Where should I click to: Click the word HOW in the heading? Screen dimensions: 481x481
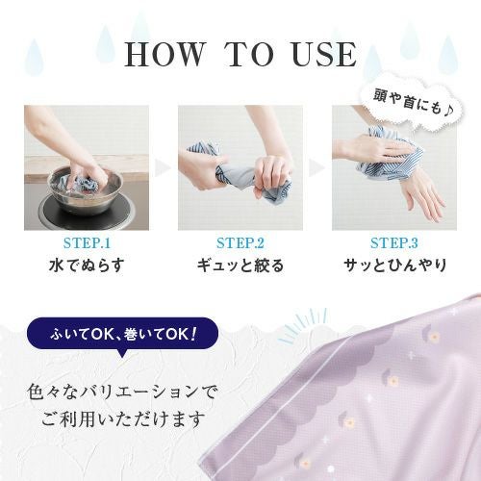click(x=165, y=54)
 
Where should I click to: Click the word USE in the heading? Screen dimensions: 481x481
click(x=324, y=54)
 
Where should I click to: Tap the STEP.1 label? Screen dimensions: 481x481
click(x=87, y=242)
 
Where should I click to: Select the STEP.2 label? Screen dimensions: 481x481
click(x=240, y=242)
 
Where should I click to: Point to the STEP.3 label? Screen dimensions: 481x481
click(x=394, y=242)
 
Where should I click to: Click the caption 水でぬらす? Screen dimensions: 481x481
click(x=87, y=266)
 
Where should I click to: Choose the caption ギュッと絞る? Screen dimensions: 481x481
click(x=240, y=266)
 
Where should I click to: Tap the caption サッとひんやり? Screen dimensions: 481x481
click(x=394, y=266)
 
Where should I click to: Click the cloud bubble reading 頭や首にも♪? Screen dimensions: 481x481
click(x=413, y=104)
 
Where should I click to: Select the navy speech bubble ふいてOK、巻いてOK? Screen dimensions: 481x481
click(x=123, y=334)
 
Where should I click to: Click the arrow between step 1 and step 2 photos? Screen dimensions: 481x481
click(x=162, y=167)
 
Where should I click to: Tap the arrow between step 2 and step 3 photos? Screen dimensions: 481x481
click(x=316, y=167)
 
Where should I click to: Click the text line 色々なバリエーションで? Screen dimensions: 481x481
click(x=123, y=392)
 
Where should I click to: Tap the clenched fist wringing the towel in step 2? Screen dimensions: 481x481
click(x=272, y=173)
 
